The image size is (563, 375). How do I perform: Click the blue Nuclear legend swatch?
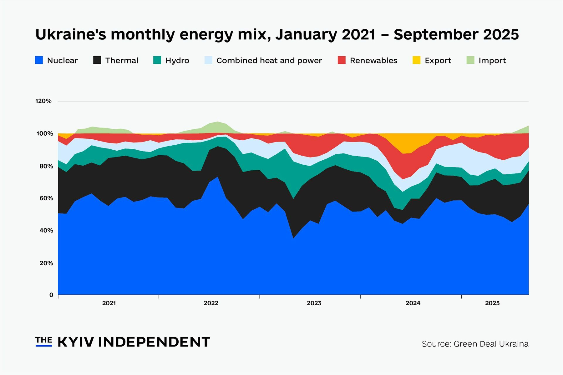[39, 60]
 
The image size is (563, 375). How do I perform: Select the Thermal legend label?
[122, 60]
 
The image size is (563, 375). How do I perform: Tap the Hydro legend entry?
[177, 60]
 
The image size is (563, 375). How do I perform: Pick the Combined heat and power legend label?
[269, 60]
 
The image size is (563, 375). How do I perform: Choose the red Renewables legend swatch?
[342, 60]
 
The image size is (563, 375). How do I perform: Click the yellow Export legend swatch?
[417, 60]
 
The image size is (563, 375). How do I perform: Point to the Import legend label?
[492, 60]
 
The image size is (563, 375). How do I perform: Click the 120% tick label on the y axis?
[43, 101]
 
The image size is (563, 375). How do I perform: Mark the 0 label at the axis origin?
[51, 295]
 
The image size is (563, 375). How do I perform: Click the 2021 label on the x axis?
[109, 303]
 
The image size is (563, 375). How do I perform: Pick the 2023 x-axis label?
[314, 303]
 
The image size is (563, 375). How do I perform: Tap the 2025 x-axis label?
[492, 303]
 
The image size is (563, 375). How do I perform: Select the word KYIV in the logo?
[76, 342]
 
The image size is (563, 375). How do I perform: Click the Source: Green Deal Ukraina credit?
[475, 344]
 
